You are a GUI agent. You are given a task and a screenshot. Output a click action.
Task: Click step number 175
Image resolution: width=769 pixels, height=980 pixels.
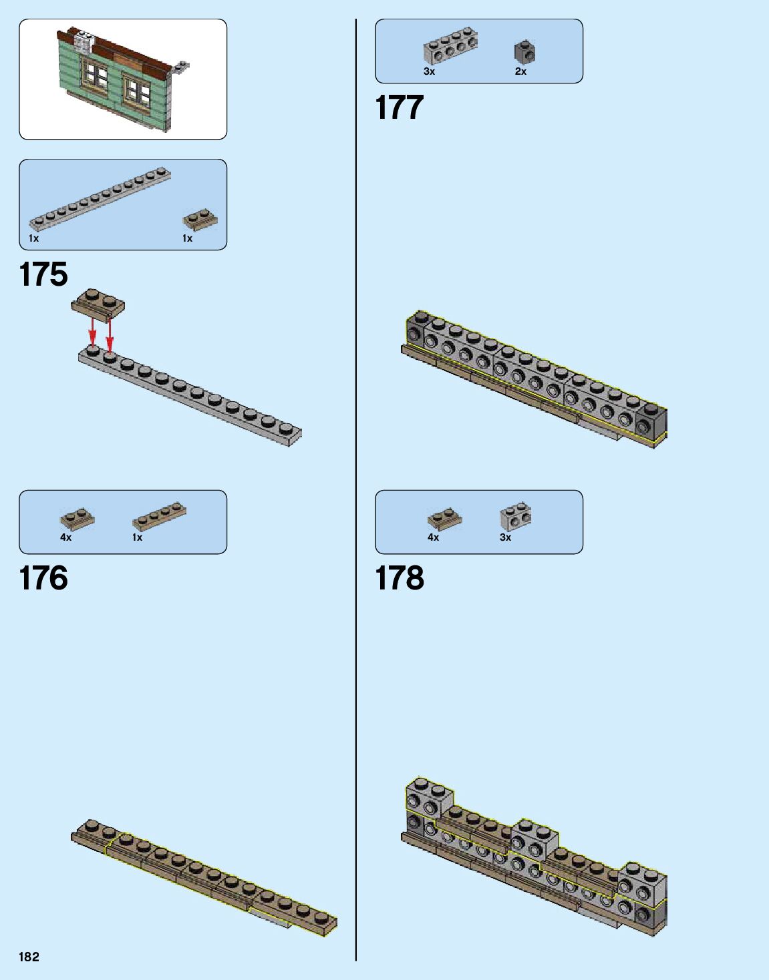click(44, 274)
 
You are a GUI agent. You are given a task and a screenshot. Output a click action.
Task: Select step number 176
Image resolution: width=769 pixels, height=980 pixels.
click(44, 578)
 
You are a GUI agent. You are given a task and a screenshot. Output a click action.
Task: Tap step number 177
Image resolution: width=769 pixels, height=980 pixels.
click(400, 107)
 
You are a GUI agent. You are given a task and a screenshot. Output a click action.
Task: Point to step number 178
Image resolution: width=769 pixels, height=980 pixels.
click(400, 578)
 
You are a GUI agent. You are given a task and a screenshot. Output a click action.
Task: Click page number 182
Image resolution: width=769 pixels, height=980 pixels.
click(29, 957)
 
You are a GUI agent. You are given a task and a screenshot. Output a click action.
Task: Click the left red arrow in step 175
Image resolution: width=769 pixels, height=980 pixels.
click(93, 330)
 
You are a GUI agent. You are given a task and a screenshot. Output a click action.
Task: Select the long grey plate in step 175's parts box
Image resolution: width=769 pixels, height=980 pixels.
click(100, 199)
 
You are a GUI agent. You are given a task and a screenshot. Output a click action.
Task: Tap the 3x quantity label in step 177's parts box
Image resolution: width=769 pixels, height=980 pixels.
click(429, 71)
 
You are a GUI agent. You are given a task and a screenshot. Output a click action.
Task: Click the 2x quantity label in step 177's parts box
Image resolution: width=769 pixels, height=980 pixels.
click(520, 71)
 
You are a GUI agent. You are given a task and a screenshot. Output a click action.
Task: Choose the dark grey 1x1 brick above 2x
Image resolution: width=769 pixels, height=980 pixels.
click(524, 52)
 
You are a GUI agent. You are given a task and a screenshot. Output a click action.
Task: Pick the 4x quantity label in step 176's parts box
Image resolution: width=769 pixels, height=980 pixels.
click(65, 537)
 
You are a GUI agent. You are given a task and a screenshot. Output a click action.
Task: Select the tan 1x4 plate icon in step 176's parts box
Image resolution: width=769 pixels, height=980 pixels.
click(159, 516)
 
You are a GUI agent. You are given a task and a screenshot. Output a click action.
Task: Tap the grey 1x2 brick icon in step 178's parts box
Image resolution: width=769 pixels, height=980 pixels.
click(515, 517)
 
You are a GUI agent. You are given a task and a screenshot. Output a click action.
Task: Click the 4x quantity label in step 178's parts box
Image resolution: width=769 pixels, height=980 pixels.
click(433, 537)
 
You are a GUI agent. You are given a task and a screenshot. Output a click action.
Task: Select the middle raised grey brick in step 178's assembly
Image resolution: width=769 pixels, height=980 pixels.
click(534, 839)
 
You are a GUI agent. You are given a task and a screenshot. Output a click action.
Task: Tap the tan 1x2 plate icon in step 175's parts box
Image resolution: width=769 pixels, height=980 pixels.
click(200, 220)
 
